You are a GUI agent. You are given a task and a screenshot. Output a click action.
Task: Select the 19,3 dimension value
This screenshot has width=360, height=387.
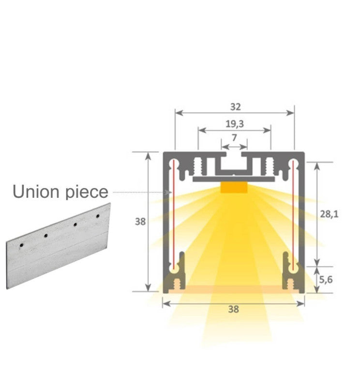(x=234, y=124)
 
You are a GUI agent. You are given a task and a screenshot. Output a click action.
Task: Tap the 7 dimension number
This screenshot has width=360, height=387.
(x=234, y=138)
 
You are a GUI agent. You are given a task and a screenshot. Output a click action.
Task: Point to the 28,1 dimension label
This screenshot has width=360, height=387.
(x=329, y=214)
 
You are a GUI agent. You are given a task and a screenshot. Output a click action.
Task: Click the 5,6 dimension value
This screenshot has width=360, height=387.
(x=327, y=280)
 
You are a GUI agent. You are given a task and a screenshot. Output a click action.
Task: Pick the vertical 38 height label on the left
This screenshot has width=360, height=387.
(x=140, y=222)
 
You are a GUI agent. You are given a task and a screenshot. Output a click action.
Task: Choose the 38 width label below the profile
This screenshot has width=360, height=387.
(x=233, y=310)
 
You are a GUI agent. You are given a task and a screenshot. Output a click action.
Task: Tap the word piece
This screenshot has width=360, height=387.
(x=86, y=192)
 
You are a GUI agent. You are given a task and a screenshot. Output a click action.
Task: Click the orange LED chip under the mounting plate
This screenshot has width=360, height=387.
(x=234, y=187)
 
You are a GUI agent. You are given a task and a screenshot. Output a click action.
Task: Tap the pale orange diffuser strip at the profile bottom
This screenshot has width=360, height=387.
(x=234, y=289)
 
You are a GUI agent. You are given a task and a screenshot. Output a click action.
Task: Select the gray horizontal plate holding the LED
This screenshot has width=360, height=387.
(x=234, y=179)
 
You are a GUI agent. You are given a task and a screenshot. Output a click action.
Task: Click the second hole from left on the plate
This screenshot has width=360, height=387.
(x=45, y=236)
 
